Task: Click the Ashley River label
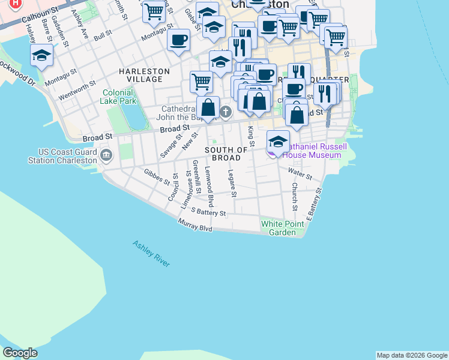151,254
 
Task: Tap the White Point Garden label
278,228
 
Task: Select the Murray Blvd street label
195,226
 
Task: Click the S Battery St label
208,212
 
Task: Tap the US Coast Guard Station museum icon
106,155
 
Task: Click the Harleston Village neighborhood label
144,71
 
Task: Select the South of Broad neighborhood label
226,154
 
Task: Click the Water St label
300,174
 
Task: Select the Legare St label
232,183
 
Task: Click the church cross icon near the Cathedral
226,111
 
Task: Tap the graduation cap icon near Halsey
42,55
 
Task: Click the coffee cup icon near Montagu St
179,41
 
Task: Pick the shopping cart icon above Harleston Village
201,81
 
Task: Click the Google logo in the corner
20,353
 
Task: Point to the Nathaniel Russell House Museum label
312,151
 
